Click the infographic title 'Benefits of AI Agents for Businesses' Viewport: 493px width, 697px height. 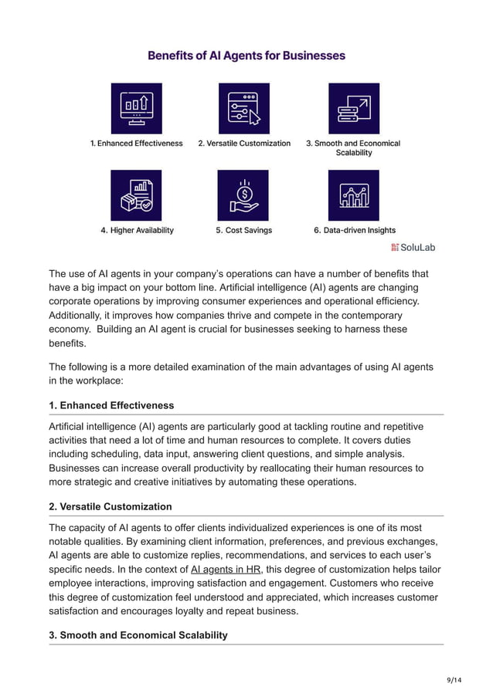[x=246, y=56]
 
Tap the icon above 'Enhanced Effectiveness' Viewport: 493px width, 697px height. [x=136, y=109]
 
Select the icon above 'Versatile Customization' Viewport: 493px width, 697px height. [x=244, y=109]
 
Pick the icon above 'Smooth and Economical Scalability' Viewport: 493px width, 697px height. [x=353, y=109]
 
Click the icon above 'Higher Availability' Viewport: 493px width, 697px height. [x=136, y=195]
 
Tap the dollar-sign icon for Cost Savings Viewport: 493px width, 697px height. [x=243, y=195]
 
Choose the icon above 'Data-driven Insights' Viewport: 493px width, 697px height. [x=353, y=195]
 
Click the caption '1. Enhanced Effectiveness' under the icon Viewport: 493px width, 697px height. [x=136, y=144]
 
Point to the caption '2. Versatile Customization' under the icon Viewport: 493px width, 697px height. [x=244, y=144]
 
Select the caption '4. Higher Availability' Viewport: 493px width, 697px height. [x=137, y=230]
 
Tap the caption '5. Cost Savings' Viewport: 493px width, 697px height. [x=243, y=230]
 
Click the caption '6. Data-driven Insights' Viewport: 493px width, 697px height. [x=354, y=230]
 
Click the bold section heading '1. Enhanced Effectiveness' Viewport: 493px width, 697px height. [x=111, y=405]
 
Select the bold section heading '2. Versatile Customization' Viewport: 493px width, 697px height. [x=110, y=506]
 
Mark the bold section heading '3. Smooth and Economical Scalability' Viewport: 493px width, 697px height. [x=138, y=635]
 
